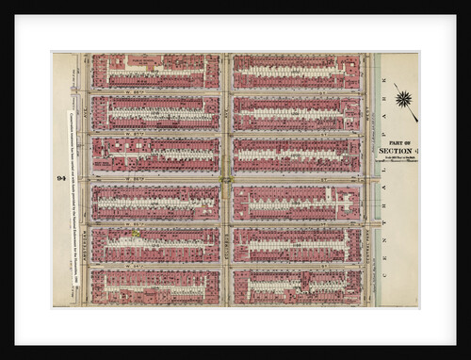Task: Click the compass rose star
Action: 406,98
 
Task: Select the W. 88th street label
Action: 156,91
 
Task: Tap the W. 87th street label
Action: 156,135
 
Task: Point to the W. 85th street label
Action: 156,223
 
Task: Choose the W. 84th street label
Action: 156,268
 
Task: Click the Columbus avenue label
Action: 227,226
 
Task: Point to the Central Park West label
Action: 368,226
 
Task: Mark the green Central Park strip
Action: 376,179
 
